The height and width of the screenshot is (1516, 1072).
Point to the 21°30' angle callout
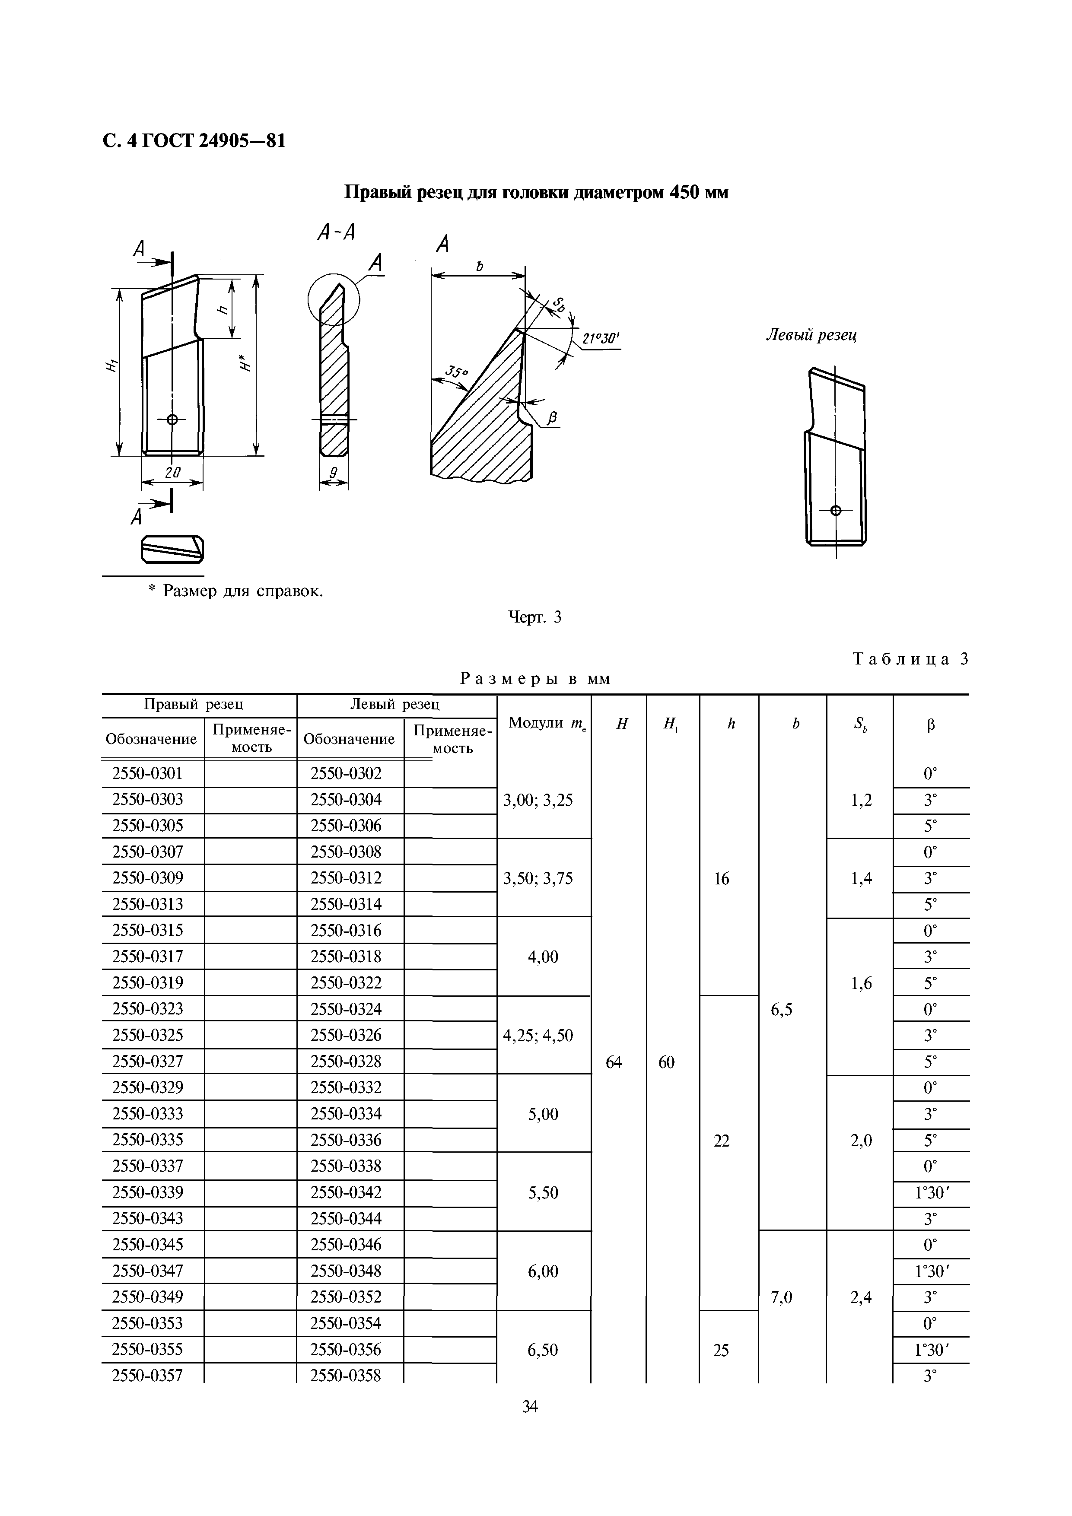pos(601,340)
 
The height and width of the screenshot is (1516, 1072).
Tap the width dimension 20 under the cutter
pos(172,472)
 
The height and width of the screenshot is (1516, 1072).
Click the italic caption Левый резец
pos(811,335)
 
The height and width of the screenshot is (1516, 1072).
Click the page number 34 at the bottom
pos(530,1407)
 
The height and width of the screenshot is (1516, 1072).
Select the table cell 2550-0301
pos(147,773)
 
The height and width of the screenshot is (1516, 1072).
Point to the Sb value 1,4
pos(861,878)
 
